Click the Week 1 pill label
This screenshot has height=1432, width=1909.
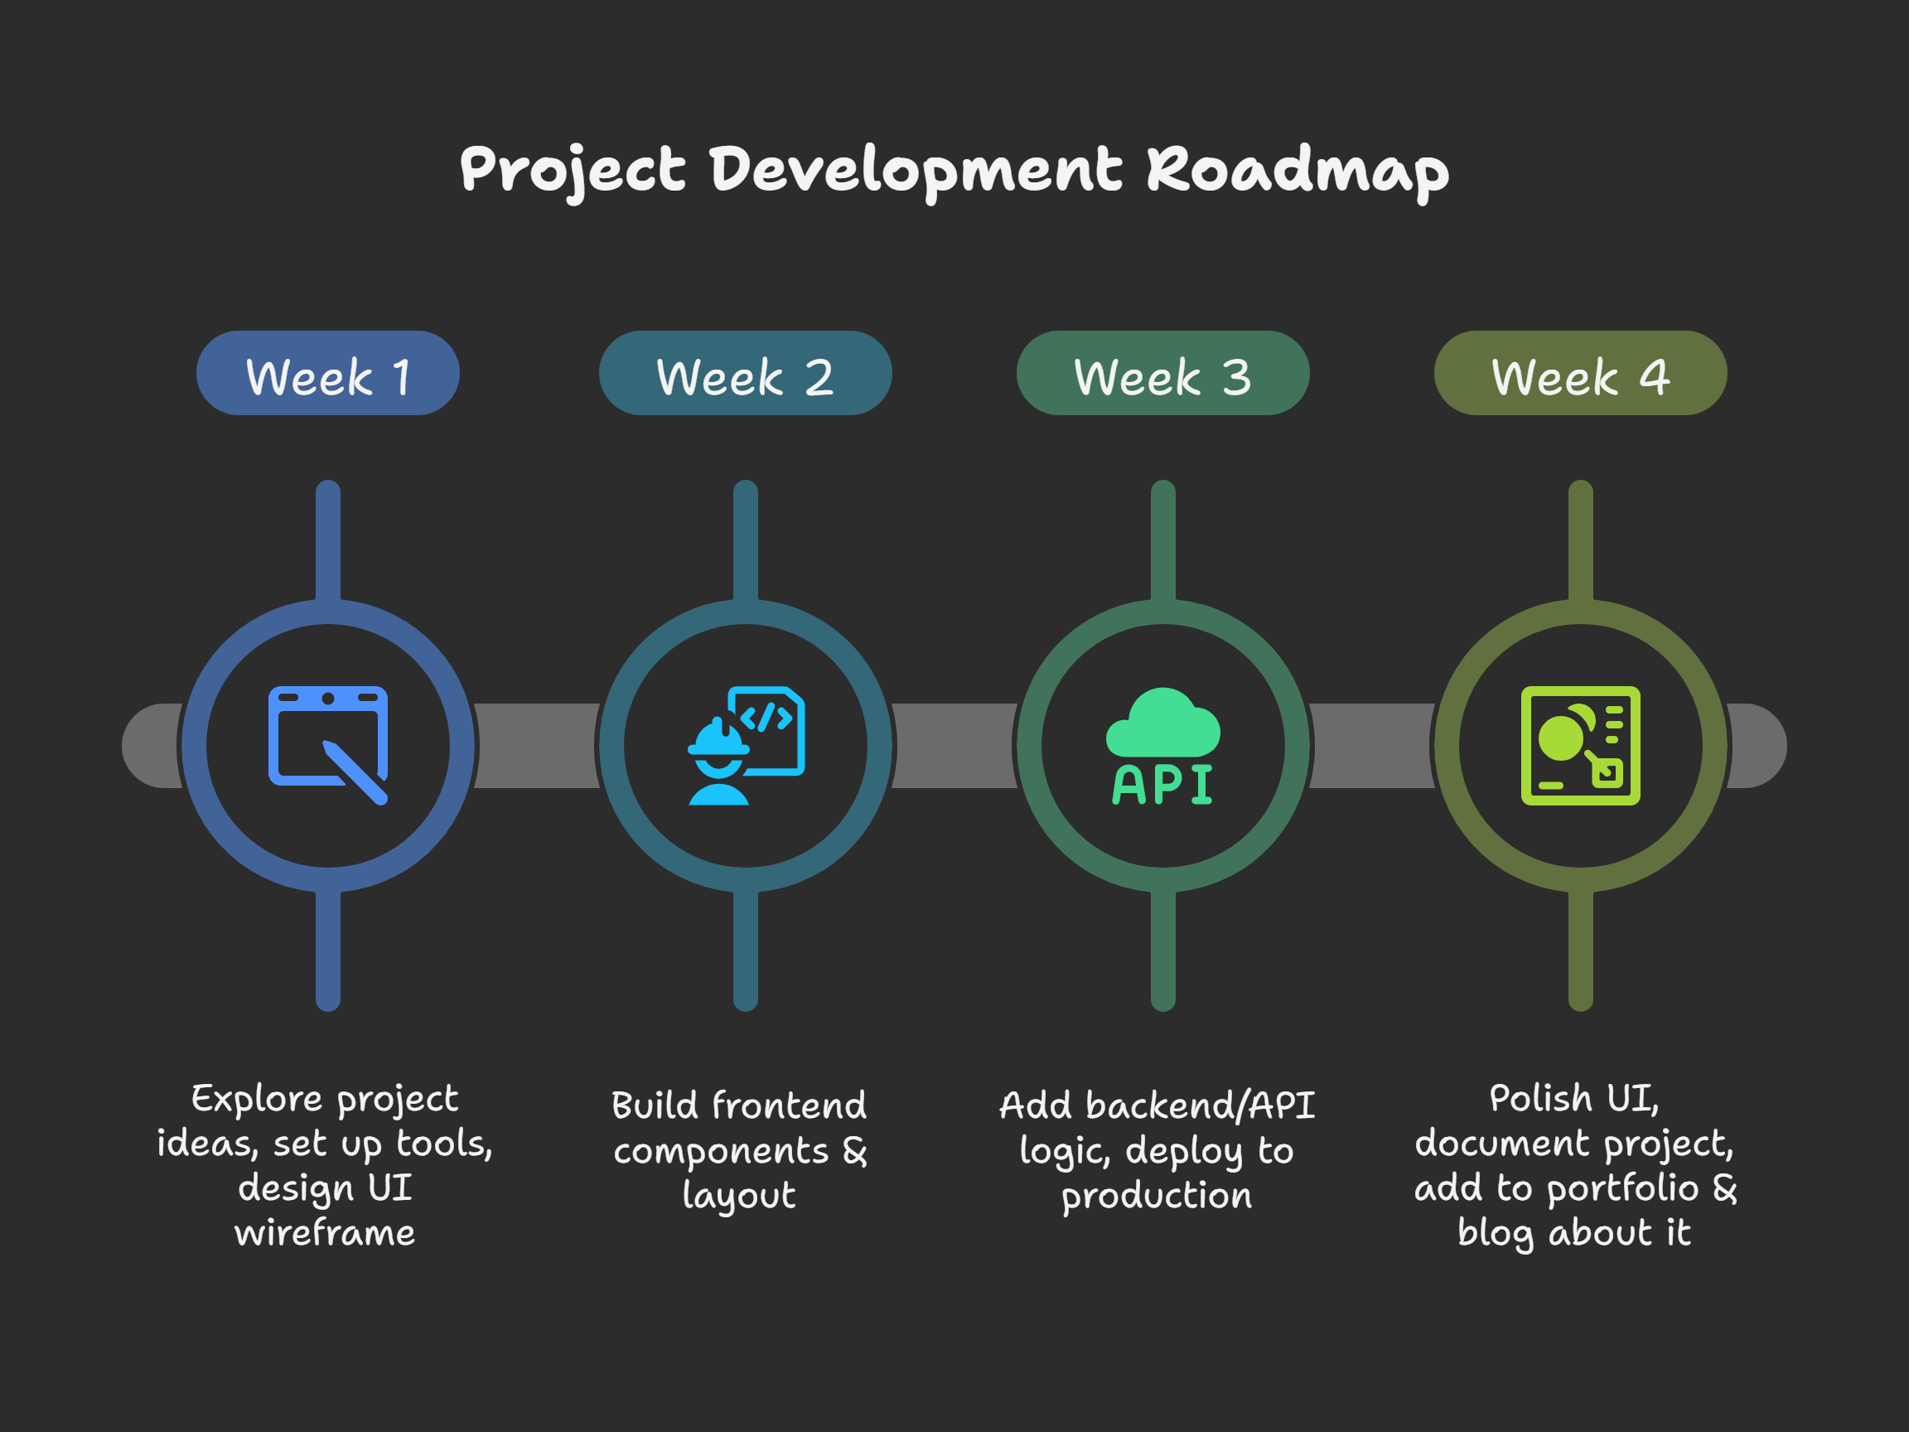point(328,373)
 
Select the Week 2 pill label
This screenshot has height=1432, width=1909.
point(746,373)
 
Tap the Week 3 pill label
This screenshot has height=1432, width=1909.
point(1163,373)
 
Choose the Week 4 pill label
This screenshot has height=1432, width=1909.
point(1581,373)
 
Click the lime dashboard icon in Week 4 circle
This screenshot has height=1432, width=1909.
point(1581,746)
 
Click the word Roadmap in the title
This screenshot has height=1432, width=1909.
point(1298,170)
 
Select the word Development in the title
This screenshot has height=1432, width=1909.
point(916,170)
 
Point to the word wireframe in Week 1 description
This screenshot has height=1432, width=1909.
point(325,1232)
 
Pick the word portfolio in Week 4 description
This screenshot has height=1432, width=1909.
point(1623,1188)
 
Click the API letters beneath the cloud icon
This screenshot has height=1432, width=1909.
point(1163,785)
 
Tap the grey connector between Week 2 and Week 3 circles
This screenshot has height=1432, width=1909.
point(954,746)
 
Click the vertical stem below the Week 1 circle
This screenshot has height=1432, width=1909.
point(328,950)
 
